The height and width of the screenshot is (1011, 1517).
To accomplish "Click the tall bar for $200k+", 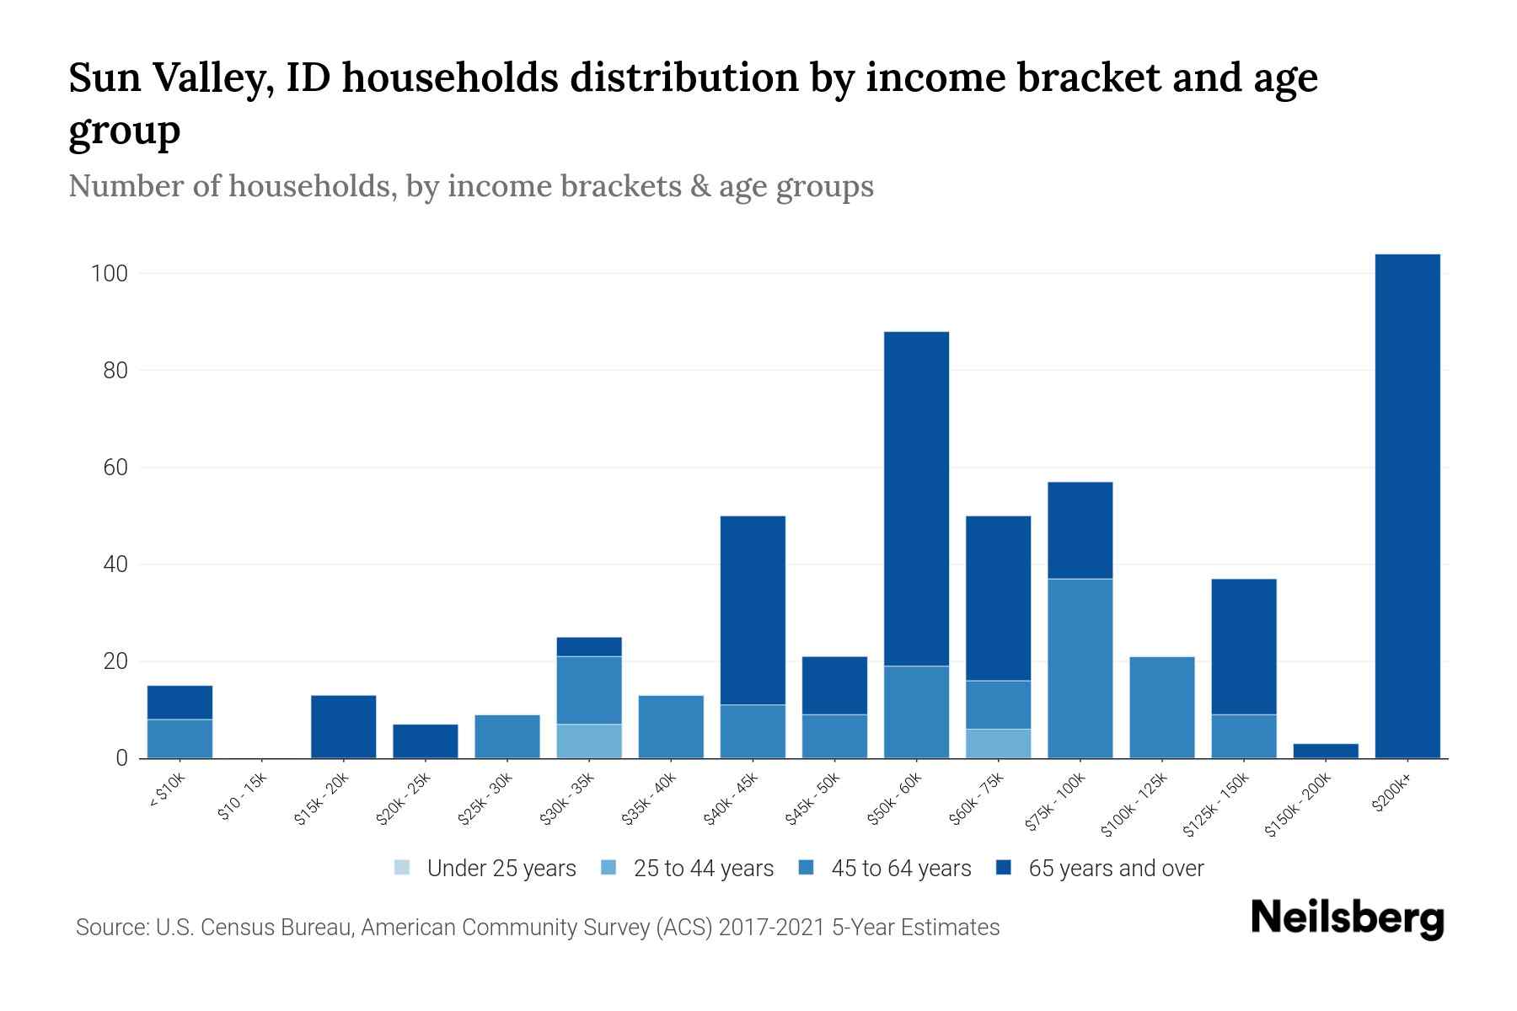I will (1407, 505).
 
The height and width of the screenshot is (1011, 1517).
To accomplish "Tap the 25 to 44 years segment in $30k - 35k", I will (589, 741).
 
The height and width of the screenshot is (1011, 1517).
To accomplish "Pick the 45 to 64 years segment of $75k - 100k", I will (1080, 668).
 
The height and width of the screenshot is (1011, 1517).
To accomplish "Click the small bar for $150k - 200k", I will (1326, 751).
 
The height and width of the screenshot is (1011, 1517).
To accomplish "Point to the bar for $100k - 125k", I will (1162, 708).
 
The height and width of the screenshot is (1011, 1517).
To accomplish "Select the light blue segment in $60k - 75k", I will (998, 743).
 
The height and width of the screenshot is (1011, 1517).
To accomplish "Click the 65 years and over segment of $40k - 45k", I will (753, 610).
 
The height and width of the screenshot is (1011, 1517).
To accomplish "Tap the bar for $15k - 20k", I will (343, 726).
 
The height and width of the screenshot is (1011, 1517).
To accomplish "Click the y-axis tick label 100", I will (109, 274).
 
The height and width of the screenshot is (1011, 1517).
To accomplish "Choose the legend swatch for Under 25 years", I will (403, 868).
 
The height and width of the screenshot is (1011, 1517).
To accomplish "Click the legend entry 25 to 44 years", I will (703, 869).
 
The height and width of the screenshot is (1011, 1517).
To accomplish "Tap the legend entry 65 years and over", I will (1116, 869).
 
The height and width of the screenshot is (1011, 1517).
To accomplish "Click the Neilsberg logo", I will (1347, 919).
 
